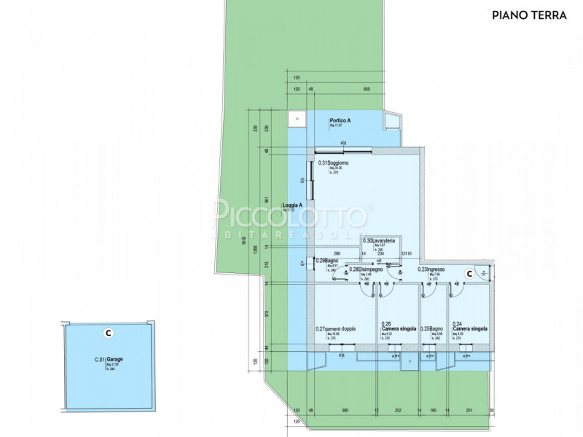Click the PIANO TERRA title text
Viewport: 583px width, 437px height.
(x=529, y=14)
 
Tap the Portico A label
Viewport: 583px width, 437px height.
(x=340, y=121)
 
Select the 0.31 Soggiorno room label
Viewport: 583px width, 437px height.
(x=334, y=162)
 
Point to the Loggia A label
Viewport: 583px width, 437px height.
(x=293, y=206)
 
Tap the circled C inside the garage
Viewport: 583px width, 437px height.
(x=108, y=333)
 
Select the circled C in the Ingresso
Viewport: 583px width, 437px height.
(x=470, y=274)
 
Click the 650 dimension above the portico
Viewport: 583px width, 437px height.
(x=367, y=89)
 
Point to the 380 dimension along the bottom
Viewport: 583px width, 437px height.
(x=345, y=430)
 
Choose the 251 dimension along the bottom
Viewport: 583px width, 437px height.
(x=470, y=430)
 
